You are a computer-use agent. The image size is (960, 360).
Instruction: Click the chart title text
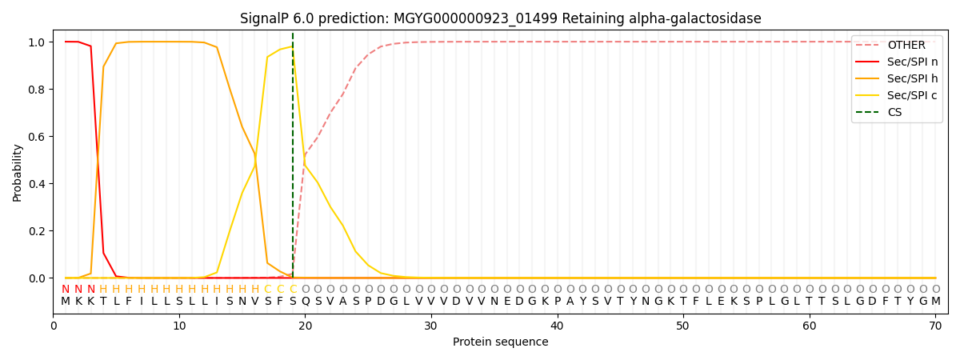[x=500, y=18]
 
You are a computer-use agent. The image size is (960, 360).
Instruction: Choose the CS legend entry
[x=894, y=112]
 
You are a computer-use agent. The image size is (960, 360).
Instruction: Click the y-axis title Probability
[x=18, y=172]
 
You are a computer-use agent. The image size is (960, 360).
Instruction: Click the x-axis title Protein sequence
[x=500, y=342]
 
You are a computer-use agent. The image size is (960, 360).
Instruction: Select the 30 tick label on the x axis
[x=430, y=326]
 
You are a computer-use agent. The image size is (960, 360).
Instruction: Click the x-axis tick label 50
[x=682, y=326]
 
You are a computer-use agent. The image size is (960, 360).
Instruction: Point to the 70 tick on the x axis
[x=934, y=326]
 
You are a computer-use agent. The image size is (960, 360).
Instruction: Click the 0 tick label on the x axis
[x=54, y=326]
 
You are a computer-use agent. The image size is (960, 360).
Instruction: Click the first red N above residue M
[x=66, y=290]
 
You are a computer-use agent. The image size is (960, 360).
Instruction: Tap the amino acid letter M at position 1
[x=66, y=302]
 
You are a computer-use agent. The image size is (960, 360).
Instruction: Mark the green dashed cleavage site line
[x=293, y=160]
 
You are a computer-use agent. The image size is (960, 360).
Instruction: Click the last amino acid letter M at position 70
[x=935, y=302]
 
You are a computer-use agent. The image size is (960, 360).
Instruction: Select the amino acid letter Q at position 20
[x=305, y=302]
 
